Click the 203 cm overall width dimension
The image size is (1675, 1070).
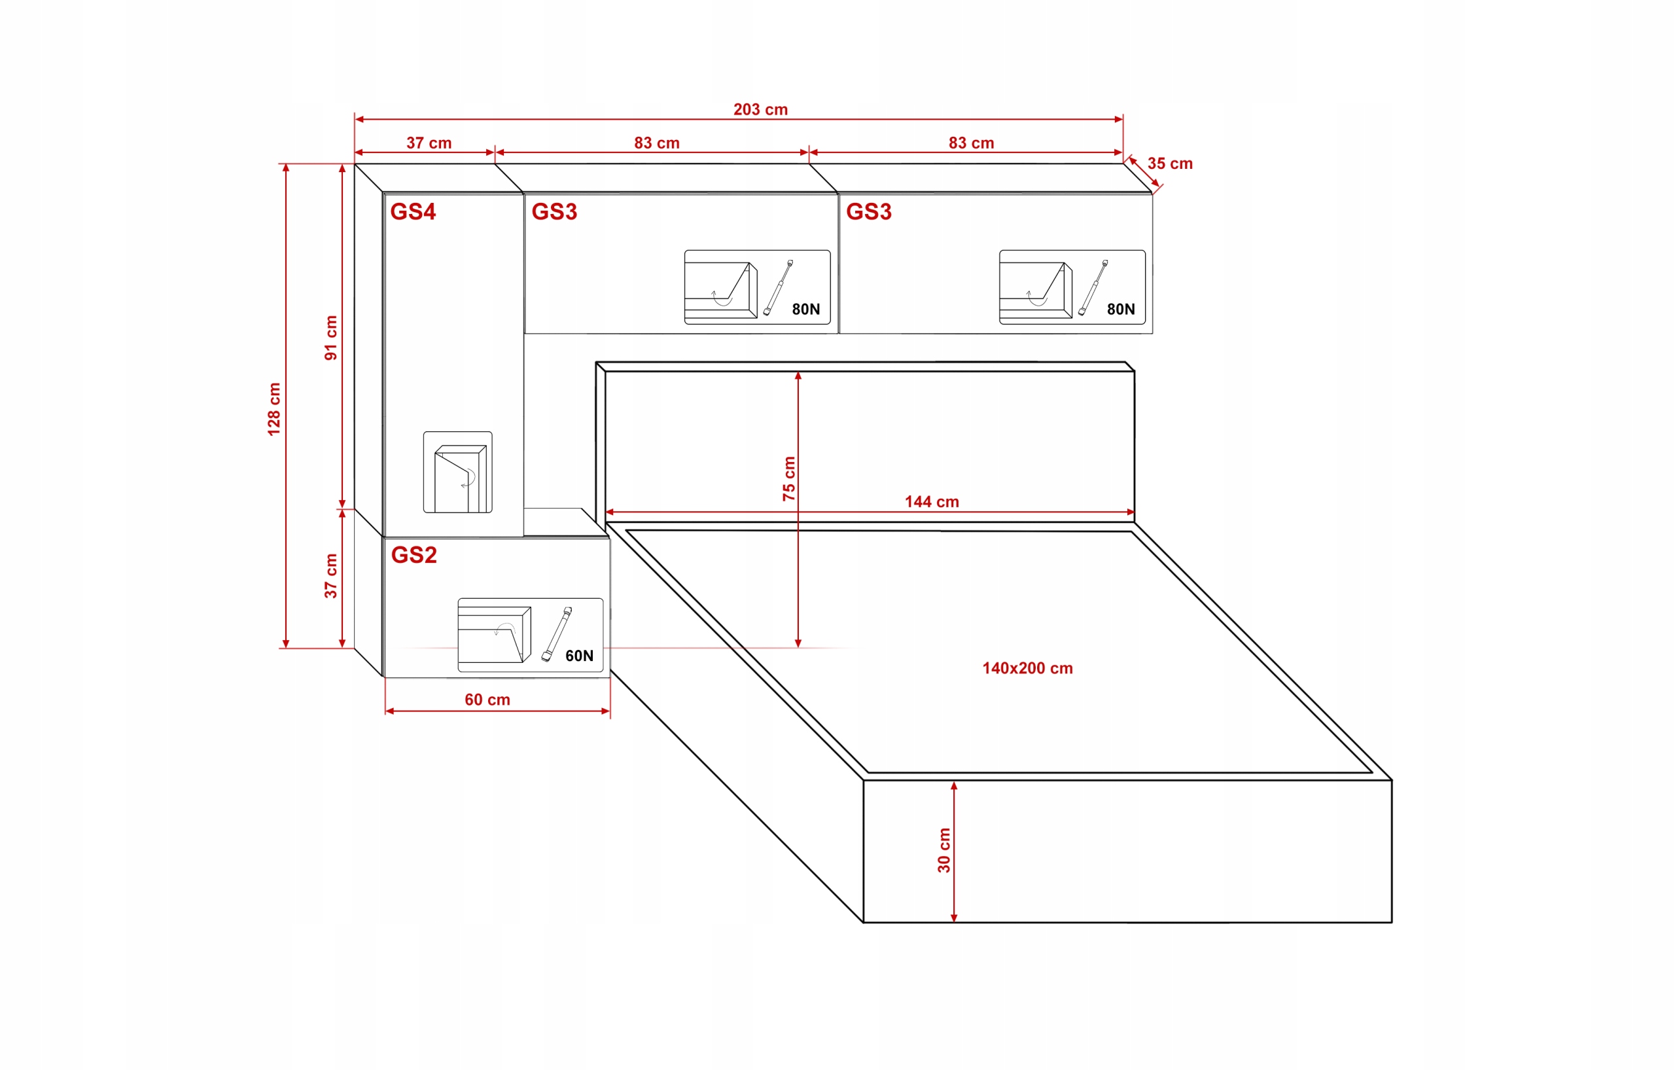pos(760,110)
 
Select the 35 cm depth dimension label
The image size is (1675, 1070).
pos(1170,164)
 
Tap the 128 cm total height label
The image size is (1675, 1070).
pos(274,409)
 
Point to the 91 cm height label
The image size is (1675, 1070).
pos(331,338)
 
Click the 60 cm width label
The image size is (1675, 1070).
pos(487,700)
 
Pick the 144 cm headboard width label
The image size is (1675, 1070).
pos(932,501)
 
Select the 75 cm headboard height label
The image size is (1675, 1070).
pos(789,478)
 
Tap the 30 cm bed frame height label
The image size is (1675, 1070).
pos(944,850)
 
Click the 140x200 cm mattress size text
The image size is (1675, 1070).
pos(1027,669)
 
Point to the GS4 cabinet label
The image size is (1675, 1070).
pos(412,211)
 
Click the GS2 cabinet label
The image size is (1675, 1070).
pos(414,555)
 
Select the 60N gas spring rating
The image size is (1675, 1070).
pos(580,656)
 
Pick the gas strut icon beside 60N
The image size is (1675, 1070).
pos(556,633)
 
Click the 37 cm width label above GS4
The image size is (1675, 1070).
pos(429,143)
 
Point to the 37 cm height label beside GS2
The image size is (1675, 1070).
pos(331,576)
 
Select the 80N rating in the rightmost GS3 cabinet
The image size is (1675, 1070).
pos(1121,310)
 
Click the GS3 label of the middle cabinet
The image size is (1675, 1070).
pos(554,211)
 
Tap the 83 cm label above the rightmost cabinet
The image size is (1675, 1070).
pos(971,143)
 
